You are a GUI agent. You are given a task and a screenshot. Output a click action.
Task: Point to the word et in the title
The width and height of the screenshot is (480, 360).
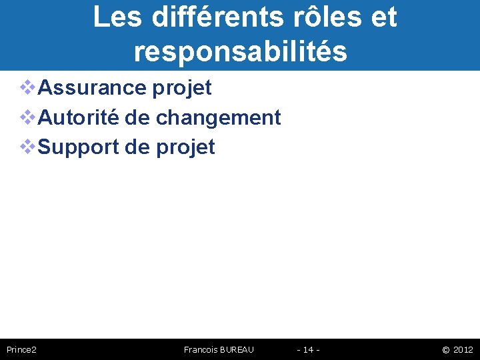coord(383,17)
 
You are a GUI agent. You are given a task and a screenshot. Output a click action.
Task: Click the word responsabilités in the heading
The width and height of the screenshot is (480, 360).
coord(240,51)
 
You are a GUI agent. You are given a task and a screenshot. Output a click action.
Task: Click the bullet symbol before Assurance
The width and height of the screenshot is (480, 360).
coord(28,87)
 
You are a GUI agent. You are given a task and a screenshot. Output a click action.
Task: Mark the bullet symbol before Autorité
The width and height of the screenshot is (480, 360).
coord(28,117)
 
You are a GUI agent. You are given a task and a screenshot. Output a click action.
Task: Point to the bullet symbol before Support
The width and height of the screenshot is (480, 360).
coord(28,147)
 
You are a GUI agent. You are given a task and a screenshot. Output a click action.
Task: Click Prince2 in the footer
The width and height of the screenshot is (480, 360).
coord(21,349)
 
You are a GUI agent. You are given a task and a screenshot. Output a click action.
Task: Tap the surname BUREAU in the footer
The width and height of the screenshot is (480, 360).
coord(237,349)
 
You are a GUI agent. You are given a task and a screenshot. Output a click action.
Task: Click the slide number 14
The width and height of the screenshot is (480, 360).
coord(308,349)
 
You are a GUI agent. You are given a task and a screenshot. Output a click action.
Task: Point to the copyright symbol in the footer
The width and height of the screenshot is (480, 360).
coord(445,349)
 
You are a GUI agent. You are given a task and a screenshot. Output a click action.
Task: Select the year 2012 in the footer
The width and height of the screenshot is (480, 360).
coord(463,349)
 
